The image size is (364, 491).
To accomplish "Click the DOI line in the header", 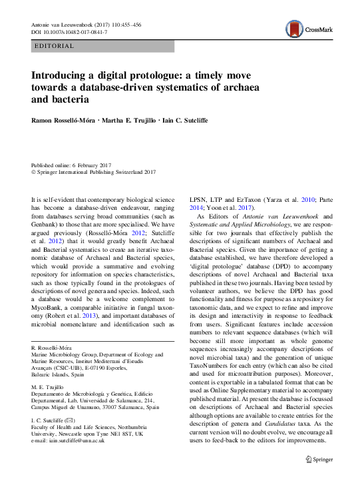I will coord(69,32).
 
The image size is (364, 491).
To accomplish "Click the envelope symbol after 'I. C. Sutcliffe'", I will coord(73,420).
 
